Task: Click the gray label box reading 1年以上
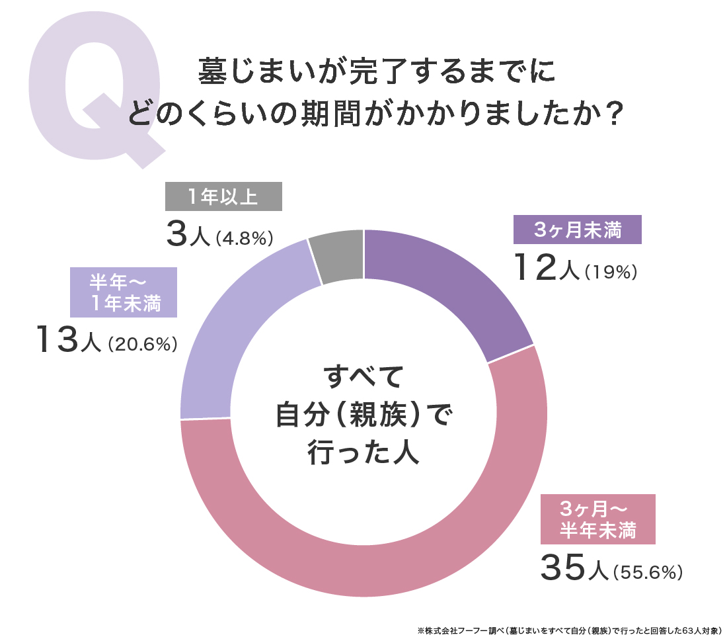coord(223,196)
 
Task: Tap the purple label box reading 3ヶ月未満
coord(577,231)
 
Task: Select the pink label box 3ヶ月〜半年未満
coord(597,519)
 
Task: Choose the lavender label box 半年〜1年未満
coord(124,292)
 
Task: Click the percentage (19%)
coord(610,273)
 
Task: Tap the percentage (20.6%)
coord(142,344)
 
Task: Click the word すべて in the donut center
coord(363,378)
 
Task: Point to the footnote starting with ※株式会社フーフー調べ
coord(568,630)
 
